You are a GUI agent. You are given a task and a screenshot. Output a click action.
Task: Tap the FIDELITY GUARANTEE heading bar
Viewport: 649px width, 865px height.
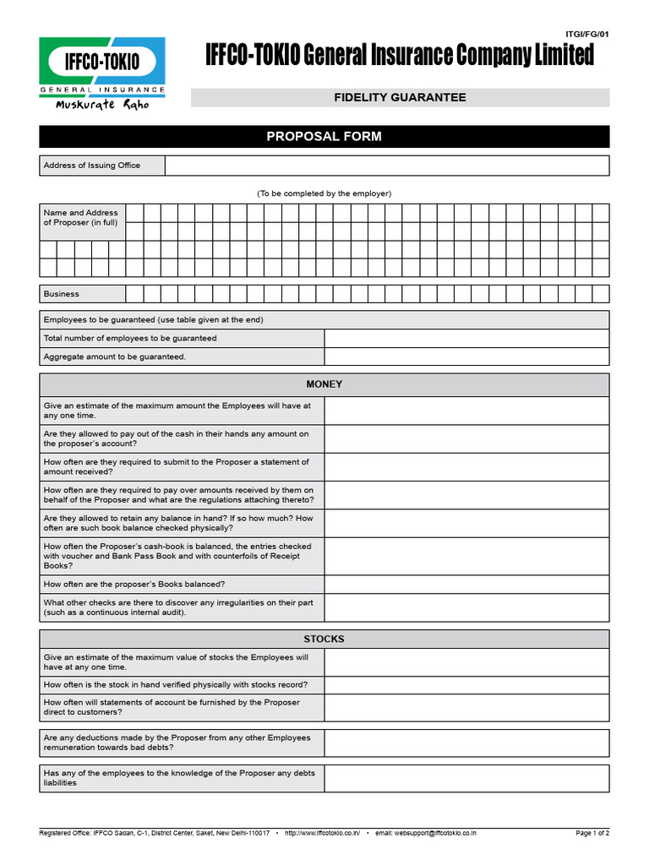click(400, 98)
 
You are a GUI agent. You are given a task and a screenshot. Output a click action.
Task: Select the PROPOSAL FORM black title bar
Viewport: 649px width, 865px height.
click(324, 137)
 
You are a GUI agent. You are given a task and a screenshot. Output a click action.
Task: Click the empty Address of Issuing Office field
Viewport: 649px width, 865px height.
click(386, 166)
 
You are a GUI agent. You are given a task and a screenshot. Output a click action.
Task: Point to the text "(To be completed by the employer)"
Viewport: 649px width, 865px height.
click(324, 193)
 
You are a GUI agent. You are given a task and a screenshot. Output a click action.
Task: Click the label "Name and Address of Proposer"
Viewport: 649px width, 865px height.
click(81, 217)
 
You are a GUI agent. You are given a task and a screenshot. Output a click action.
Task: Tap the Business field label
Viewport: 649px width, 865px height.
click(62, 294)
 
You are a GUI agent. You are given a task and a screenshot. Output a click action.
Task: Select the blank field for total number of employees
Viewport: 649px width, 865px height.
click(466, 338)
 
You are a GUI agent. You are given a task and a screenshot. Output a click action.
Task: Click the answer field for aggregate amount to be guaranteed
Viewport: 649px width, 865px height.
click(466, 356)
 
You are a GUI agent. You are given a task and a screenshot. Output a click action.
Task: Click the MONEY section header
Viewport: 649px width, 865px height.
click(324, 384)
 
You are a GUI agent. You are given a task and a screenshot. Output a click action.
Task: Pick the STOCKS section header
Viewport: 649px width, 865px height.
click(324, 639)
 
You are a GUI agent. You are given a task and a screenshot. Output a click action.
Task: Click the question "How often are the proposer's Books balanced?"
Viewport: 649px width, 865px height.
click(134, 584)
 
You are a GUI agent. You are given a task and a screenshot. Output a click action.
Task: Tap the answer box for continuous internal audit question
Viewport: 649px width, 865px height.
click(466, 607)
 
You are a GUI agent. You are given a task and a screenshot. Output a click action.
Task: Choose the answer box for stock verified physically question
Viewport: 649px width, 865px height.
click(466, 684)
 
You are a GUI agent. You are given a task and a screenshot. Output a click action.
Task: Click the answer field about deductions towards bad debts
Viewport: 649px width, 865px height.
click(466, 743)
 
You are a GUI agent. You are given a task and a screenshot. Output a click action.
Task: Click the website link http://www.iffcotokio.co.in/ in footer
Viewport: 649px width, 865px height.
click(323, 833)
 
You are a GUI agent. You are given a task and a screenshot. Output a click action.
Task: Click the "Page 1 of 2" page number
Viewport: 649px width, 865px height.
click(592, 833)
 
